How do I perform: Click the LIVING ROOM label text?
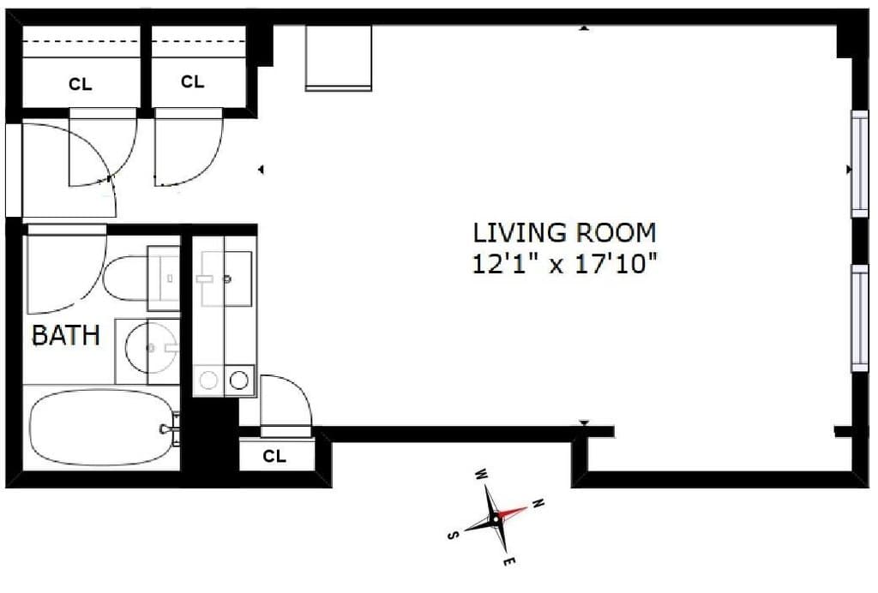point(564,232)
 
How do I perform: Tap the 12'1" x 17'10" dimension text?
point(564,263)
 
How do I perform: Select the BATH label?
point(65,335)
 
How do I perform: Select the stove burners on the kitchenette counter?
point(224,379)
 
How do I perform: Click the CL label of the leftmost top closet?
point(80,85)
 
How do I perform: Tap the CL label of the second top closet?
point(193,82)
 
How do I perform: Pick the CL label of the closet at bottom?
point(274,456)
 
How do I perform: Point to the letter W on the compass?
point(481,475)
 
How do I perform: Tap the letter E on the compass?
point(508,562)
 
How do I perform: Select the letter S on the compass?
point(452,536)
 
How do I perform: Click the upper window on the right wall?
point(859,163)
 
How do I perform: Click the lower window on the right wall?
point(859,317)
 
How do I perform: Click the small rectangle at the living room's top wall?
point(339,57)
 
